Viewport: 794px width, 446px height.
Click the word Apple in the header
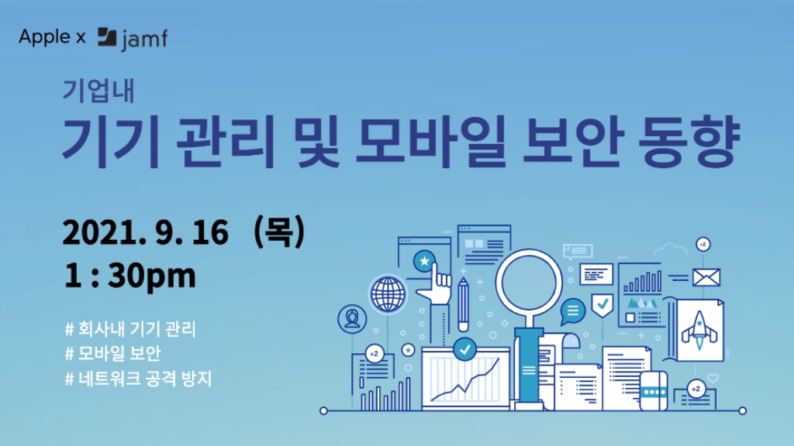(x=44, y=37)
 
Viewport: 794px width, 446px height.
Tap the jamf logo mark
(x=107, y=37)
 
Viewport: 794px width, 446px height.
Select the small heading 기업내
(x=98, y=91)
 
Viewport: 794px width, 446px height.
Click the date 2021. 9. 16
(x=145, y=232)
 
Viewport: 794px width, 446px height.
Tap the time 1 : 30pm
(x=129, y=276)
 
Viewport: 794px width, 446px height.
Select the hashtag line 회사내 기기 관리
(x=130, y=329)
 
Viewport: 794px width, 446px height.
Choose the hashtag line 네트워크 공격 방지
(x=138, y=379)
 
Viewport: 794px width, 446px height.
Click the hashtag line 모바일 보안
(x=113, y=353)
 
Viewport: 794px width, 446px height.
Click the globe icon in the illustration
(x=388, y=294)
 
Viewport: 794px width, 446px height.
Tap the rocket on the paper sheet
(x=699, y=331)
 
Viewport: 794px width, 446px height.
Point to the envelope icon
(x=706, y=278)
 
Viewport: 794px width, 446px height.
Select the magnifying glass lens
(x=529, y=283)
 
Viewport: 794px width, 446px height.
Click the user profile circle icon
(x=353, y=318)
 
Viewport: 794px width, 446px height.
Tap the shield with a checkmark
(x=602, y=305)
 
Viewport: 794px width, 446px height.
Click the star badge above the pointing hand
(x=424, y=262)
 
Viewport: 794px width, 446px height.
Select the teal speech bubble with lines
(x=573, y=311)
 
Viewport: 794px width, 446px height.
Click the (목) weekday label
(x=279, y=232)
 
